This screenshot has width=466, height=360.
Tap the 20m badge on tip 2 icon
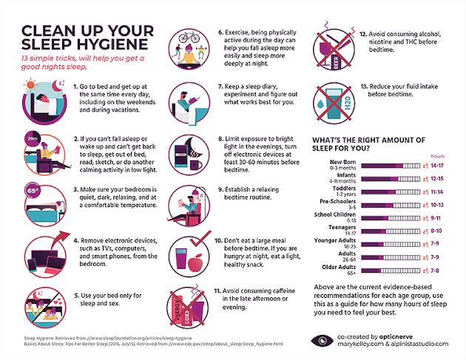(31, 136)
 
